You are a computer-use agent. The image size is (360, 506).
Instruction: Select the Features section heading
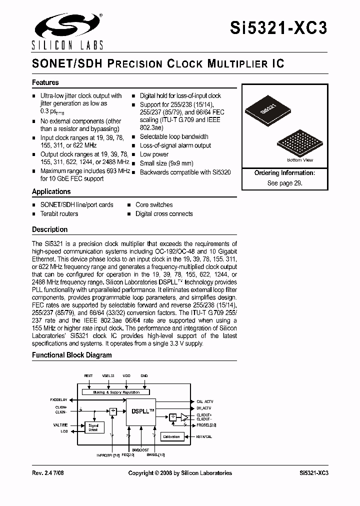coord(45,82)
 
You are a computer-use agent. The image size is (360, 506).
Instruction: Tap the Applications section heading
coord(51,191)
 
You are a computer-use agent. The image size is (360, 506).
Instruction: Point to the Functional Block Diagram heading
coord(72,355)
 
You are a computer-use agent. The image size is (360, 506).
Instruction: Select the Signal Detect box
coord(93,428)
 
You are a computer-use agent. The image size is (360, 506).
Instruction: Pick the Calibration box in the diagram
coord(171,436)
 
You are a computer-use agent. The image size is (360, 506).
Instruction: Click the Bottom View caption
coord(300,160)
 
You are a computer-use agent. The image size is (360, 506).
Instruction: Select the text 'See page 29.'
coord(284,183)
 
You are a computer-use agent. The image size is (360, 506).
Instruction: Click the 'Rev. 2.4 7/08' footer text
coord(49,473)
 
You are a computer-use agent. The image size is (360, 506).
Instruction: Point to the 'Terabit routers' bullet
coord(59,213)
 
